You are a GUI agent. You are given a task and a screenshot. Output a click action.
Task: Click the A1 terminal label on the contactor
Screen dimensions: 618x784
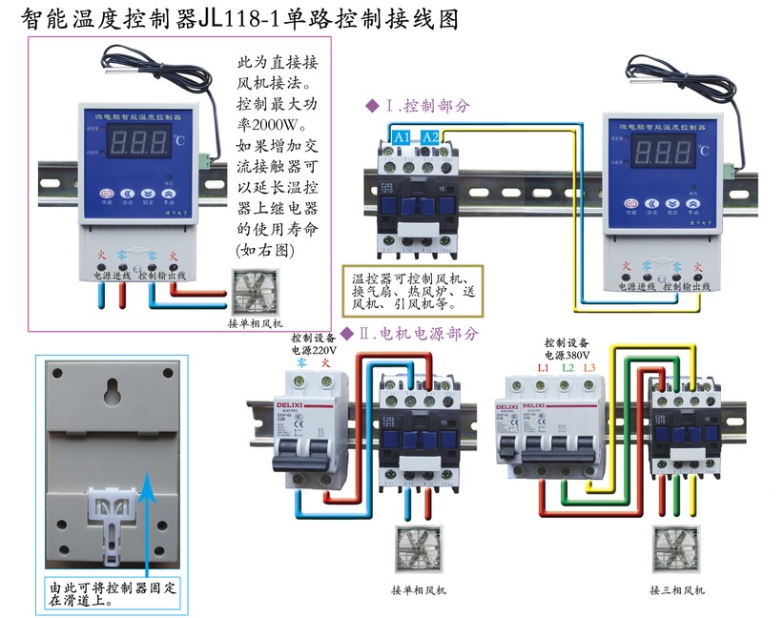tap(402, 138)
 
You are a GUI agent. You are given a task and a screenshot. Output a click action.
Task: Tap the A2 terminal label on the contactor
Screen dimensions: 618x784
tap(430, 138)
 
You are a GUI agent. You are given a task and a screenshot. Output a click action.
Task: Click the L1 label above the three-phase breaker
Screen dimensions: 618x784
tap(544, 367)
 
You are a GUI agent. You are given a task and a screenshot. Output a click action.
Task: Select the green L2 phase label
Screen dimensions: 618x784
tap(568, 367)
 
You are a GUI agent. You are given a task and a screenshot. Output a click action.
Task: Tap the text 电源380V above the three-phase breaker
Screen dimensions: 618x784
tap(566, 354)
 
